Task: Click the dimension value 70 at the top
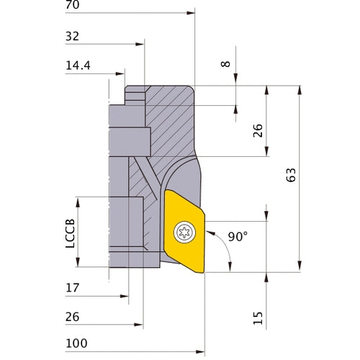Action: [72, 6]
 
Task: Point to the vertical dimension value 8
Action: [227, 64]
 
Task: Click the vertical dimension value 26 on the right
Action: [258, 130]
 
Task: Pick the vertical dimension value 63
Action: [291, 176]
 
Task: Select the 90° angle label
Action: [238, 237]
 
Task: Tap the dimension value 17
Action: [72, 287]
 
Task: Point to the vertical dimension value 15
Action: [258, 318]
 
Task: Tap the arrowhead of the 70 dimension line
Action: [192, 13]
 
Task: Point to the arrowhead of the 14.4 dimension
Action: [122, 72]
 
